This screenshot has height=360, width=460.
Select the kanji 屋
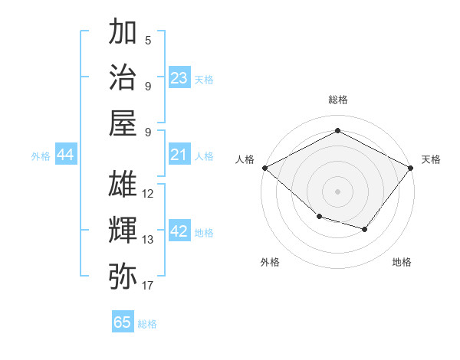(123, 123)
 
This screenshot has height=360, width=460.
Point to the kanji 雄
(123, 184)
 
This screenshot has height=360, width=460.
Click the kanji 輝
(123, 229)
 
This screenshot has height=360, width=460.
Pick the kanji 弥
(123, 275)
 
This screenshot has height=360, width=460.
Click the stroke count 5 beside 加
(148, 41)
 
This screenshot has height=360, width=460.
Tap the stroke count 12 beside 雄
(148, 194)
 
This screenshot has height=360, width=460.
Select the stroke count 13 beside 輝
(148, 240)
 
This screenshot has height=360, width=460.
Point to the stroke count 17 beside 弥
(148, 286)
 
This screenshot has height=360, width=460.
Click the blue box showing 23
(179, 78)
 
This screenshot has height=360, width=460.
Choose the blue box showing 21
(179, 155)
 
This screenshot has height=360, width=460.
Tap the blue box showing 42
(179, 231)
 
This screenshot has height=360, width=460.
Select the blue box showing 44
(65, 155)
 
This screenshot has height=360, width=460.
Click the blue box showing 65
(123, 322)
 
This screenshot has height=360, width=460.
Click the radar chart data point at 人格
(264, 167)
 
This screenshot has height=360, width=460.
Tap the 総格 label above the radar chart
(338, 100)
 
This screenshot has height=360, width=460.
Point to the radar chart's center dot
(338, 191)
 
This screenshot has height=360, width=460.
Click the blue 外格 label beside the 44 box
(41, 156)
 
